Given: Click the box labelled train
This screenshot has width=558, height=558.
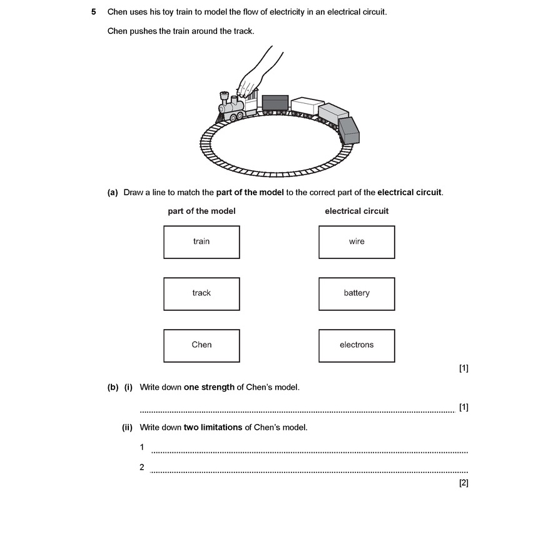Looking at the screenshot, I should [x=201, y=242].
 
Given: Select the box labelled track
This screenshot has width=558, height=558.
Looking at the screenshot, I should [x=201, y=293].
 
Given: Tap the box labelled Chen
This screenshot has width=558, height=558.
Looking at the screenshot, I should [x=201, y=345].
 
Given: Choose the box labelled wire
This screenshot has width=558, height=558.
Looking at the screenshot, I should [x=357, y=242].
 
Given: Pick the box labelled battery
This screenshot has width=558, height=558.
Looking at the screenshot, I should [x=357, y=293].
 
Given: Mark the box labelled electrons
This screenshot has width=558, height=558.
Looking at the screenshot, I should [x=357, y=345].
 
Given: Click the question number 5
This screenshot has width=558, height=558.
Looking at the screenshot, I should [x=93, y=12].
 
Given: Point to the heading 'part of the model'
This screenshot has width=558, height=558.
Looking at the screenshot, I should [x=201, y=211].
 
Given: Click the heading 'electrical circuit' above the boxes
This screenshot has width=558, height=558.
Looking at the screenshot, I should [x=357, y=211].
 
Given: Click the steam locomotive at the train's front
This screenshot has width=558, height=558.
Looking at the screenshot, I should [x=232, y=108].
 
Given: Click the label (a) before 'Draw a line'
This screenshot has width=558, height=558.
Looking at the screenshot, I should [x=113, y=193].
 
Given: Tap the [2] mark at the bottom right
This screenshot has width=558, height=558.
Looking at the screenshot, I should [x=464, y=483].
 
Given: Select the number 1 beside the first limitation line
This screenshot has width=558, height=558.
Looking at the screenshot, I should [x=142, y=447].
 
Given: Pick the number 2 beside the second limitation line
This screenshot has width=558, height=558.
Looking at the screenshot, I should [x=142, y=467].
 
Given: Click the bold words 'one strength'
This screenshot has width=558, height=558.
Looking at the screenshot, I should [x=209, y=387].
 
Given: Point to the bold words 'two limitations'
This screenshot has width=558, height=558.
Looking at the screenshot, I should [x=213, y=428].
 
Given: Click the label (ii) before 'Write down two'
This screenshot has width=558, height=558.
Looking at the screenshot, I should [x=127, y=428].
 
